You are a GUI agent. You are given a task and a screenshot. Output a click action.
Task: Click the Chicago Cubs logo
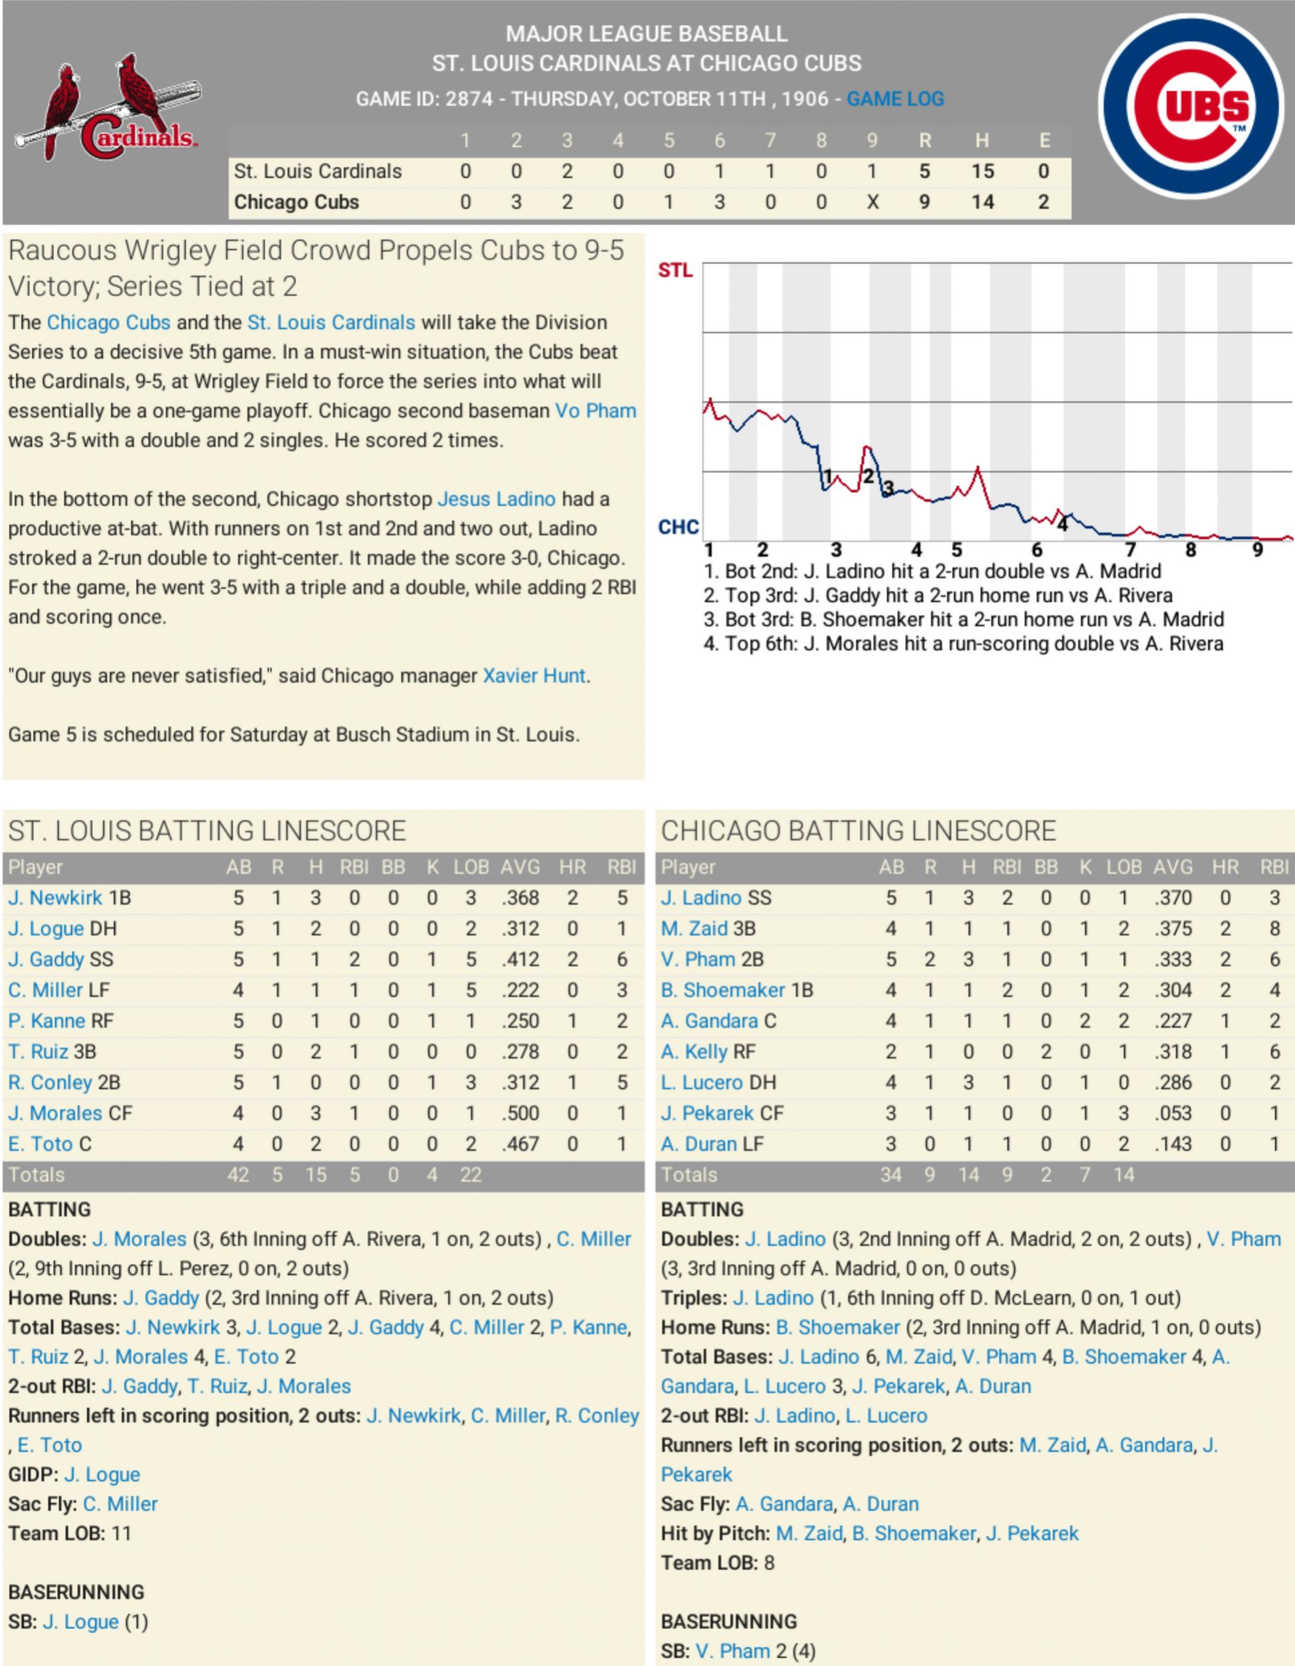[x=1191, y=106]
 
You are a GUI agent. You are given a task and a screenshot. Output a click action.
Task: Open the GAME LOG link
[x=895, y=99]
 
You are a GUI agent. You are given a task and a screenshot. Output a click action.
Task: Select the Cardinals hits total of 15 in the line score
[x=982, y=171]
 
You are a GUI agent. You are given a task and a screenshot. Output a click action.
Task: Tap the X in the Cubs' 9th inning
[x=873, y=202]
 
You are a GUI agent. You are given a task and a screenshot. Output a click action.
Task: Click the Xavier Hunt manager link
[x=534, y=676]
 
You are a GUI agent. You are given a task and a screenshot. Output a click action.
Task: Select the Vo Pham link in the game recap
[x=595, y=411]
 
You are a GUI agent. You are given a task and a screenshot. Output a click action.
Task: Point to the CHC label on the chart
[x=677, y=527]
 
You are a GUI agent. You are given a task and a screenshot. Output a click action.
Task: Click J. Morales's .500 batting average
[x=521, y=1114]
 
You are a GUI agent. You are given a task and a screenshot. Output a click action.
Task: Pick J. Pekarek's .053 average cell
[x=1173, y=1114]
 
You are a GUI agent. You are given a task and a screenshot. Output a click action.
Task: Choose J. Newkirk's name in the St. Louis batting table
[x=55, y=898]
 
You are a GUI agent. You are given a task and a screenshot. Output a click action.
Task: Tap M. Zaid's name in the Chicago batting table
[x=693, y=929]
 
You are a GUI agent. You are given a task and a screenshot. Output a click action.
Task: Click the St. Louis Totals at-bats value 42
[x=238, y=1175]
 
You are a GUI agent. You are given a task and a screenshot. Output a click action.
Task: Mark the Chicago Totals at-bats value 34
[x=891, y=1175]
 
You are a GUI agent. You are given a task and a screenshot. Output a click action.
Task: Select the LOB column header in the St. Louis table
[x=470, y=867]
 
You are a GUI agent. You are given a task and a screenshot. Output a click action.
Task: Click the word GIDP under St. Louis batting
[x=31, y=1475]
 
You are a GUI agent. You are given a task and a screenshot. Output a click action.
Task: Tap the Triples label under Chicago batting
[x=693, y=1299]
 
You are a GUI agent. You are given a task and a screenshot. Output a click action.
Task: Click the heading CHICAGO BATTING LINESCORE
[x=858, y=831]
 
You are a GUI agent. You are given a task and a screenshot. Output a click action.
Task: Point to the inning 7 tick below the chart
[x=1130, y=550]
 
